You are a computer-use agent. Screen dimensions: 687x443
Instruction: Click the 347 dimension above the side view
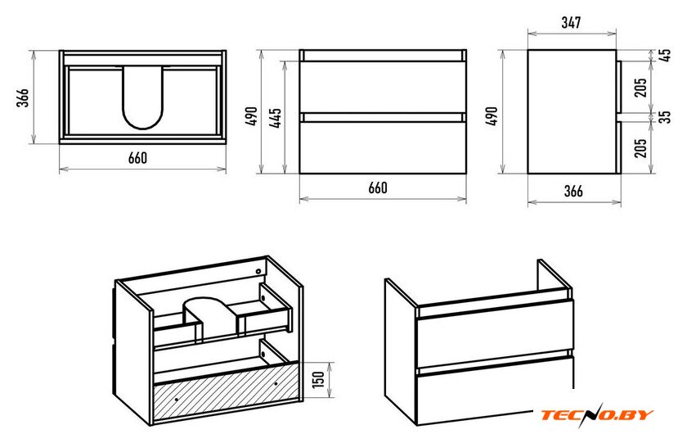(571, 22)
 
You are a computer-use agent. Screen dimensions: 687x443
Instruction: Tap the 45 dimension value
(665, 55)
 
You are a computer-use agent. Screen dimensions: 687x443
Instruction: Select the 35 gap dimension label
(665, 116)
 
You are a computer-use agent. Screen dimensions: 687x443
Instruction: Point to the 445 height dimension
(276, 118)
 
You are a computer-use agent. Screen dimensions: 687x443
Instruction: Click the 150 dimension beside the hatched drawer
(319, 379)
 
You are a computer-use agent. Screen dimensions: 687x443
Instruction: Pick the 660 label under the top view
(137, 158)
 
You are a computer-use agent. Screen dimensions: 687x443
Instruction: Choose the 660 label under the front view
(377, 188)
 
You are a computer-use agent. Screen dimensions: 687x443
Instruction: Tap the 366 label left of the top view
(22, 97)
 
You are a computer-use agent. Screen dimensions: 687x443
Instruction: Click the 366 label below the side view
(573, 191)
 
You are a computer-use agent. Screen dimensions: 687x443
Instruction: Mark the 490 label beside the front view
(252, 116)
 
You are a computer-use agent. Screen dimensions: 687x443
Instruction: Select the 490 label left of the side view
(492, 116)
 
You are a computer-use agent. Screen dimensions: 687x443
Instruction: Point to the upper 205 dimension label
(640, 88)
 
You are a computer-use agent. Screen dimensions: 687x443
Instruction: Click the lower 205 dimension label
(640, 148)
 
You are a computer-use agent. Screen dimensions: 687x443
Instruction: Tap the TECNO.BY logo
(597, 414)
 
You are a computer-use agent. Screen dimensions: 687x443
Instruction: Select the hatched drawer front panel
(226, 390)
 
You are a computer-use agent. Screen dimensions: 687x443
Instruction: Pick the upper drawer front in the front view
(383, 87)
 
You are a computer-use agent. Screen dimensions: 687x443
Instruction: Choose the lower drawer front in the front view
(383, 147)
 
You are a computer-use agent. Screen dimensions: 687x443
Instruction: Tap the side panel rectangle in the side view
(572, 111)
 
